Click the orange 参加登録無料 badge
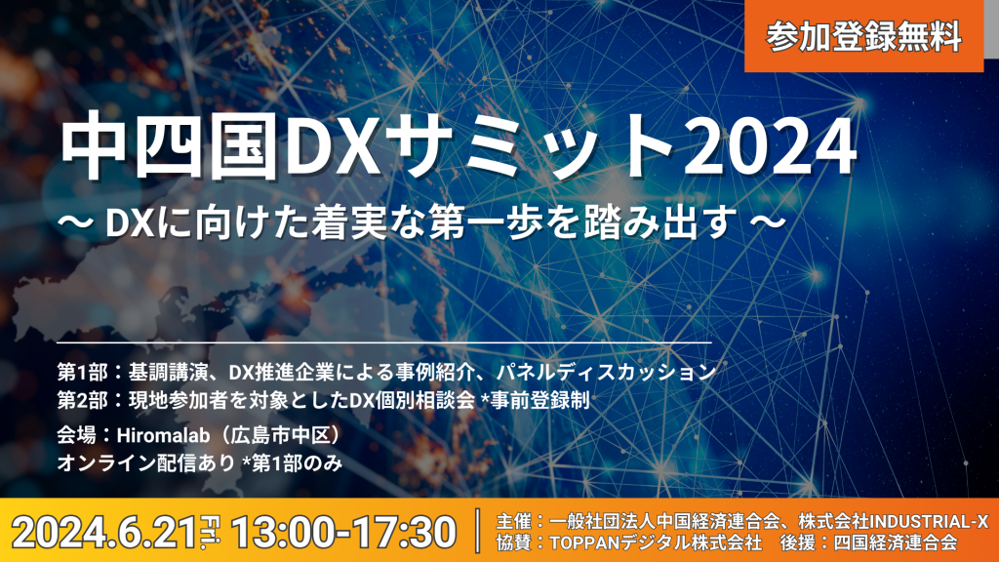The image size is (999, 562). coord(863,36)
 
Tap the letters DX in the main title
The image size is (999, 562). coord(334,148)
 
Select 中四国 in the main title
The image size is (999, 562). coord(170,147)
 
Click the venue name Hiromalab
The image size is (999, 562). coord(164,434)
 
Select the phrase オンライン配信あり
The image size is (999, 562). coord(146,463)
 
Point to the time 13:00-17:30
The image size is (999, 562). coord(344,532)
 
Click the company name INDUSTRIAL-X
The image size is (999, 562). coord(929,521)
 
